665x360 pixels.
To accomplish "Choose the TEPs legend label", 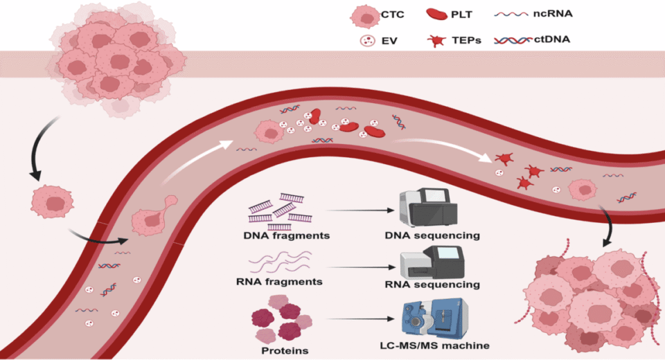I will pyautogui.click(x=474, y=40).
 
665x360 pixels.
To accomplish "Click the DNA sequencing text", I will pyautogui.click(x=432, y=235).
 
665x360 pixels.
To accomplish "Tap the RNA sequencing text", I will pyautogui.click(x=433, y=285).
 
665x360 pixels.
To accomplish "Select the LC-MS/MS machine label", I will pyautogui.click(x=434, y=345).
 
